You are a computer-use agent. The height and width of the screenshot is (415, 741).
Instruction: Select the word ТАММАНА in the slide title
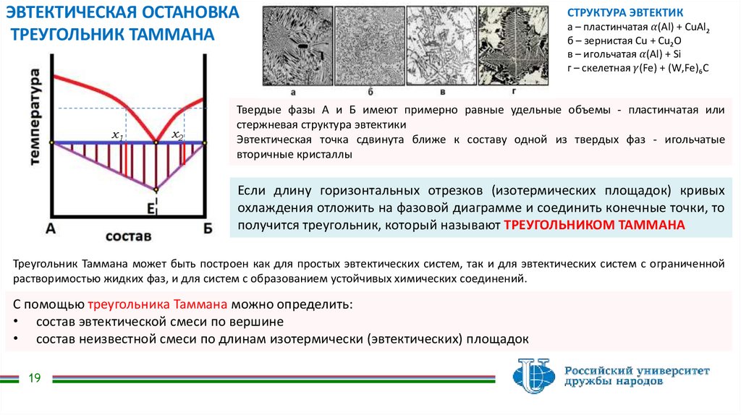click(x=171, y=34)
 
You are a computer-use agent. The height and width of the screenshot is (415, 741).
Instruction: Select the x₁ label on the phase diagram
click(x=117, y=134)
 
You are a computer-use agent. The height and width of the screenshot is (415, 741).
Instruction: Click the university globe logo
click(x=534, y=376)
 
